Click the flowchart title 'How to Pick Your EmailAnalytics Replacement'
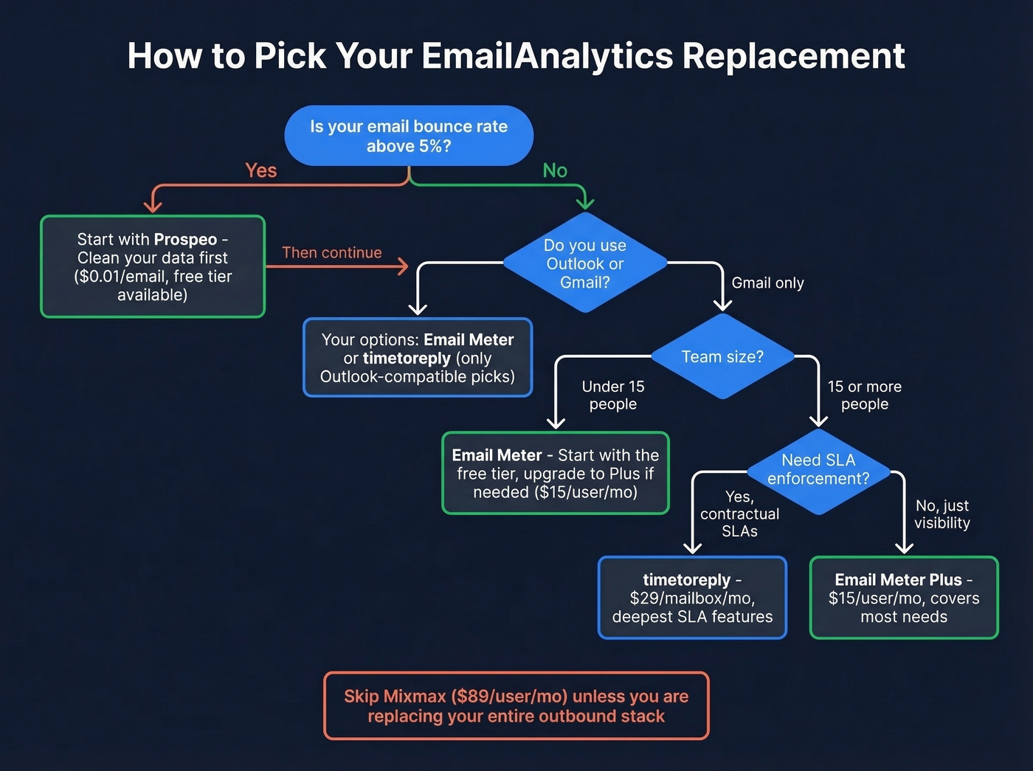point(516,56)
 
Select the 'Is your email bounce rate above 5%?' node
point(409,136)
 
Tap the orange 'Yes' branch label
point(260,170)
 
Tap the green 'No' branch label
point(555,170)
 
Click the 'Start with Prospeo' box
point(153,266)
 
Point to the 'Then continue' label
point(332,252)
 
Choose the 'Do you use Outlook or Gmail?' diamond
point(585,263)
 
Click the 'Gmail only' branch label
point(767,283)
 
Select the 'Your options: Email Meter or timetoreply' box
point(418,358)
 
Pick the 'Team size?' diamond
point(722,357)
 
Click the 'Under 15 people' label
point(613,395)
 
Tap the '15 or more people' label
point(865,395)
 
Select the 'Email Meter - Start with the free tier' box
point(556,474)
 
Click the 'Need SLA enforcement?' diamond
point(818,470)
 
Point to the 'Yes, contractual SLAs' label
point(739,514)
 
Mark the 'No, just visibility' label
point(942,514)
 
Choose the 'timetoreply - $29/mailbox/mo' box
point(692,598)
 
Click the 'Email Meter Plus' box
point(904,598)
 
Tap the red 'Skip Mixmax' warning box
point(516,706)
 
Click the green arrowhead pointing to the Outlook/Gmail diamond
point(585,203)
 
